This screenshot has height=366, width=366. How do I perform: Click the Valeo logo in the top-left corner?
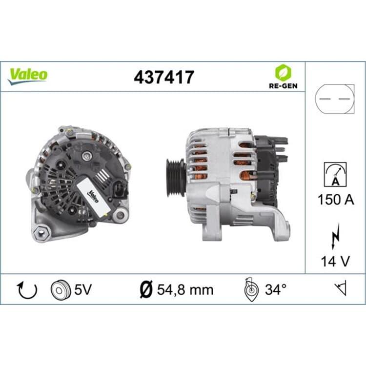click(x=27, y=76)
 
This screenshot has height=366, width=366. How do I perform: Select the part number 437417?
click(x=164, y=77)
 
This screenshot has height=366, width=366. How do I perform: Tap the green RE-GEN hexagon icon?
click(x=283, y=72)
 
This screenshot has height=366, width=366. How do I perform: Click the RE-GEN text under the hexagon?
click(x=283, y=86)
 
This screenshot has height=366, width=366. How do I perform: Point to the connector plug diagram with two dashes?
click(x=334, y=99)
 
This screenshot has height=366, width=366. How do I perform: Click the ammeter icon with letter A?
click(x=335, y=175)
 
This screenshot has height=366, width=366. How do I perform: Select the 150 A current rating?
click(x=336, y=200)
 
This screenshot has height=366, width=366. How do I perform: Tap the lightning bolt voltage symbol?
click(x=335, y=235)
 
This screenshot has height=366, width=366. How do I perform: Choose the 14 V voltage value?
click(x=335, y=261)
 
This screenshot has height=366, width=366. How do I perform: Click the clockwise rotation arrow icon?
click(x=28, y=290)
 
